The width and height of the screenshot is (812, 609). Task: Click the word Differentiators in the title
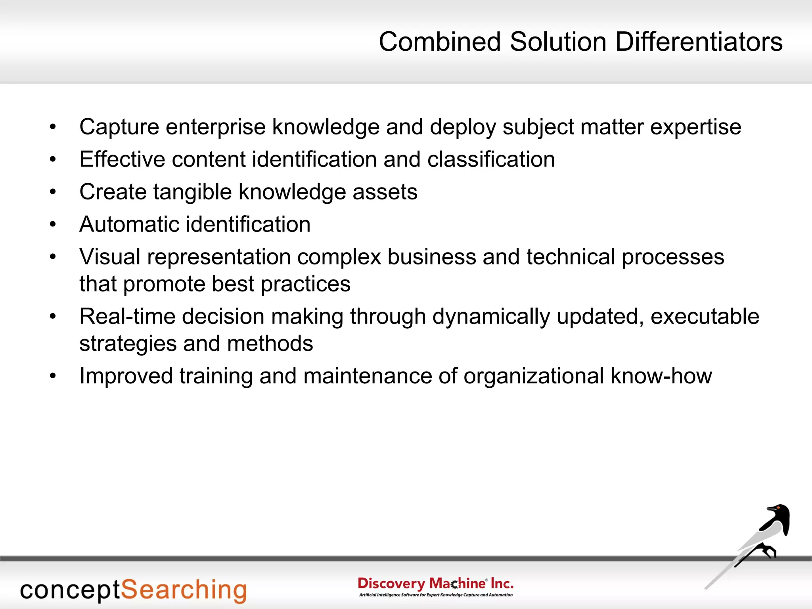[x=699, y=42]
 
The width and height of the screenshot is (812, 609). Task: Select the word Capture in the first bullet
[x=119, y=127]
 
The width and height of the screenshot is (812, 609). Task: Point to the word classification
[x=491, y=159]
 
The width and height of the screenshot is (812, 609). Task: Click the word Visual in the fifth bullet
[x=110, y=257]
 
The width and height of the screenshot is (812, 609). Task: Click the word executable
[x=705, y=317]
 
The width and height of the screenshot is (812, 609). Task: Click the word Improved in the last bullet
[x=126, y=377]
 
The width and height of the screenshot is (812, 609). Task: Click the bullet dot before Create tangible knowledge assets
[x=53, y=192]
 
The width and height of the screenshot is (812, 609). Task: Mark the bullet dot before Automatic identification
[x=53, y=225]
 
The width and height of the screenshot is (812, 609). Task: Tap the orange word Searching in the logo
[x=184, y=590]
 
